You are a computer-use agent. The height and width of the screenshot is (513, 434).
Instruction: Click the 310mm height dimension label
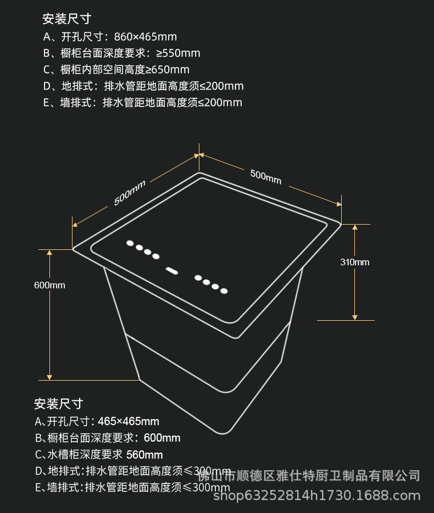354,262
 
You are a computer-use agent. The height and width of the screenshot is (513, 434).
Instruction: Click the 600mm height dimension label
49,285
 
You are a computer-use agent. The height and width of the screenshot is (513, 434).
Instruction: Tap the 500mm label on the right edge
265,176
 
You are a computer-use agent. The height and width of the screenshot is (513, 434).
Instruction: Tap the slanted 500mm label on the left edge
129,193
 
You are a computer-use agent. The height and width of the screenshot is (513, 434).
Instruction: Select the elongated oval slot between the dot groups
172,270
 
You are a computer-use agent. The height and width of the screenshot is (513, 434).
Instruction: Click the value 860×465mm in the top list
145,37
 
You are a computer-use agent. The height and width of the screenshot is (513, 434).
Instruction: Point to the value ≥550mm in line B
178,53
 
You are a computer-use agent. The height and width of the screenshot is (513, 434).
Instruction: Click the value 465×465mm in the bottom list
129,421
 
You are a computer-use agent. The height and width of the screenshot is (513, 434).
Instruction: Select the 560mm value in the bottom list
144,454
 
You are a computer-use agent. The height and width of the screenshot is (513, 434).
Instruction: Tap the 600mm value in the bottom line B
162,438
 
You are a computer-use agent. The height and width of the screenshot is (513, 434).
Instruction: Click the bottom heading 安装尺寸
58,404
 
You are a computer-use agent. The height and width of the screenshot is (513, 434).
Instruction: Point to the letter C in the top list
47,70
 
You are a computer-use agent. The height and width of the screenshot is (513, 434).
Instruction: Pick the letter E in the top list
47,103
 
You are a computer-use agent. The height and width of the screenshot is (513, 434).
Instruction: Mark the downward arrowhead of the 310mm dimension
355,317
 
